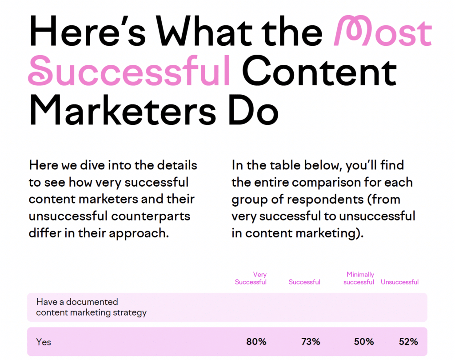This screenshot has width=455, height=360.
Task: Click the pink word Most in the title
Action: click(383, 31)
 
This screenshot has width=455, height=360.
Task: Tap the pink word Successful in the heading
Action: click(129, 71)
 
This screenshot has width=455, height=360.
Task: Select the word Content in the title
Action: click(319, 72)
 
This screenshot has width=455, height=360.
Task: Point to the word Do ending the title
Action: click(253, 110)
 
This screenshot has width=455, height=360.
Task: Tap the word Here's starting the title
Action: click(87, 31)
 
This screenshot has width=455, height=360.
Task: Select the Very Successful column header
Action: click(251, 278)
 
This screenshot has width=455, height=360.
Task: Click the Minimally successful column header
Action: click(359, 278)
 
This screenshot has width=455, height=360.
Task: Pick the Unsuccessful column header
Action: click(399, 282)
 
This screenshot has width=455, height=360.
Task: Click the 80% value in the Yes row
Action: click(256, 342)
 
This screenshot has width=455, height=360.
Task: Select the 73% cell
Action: click(311, 342)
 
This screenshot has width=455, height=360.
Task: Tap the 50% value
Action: click(364, 342)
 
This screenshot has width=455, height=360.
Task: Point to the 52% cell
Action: click(408, 342)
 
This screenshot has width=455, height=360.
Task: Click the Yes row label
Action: click(44, 342)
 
